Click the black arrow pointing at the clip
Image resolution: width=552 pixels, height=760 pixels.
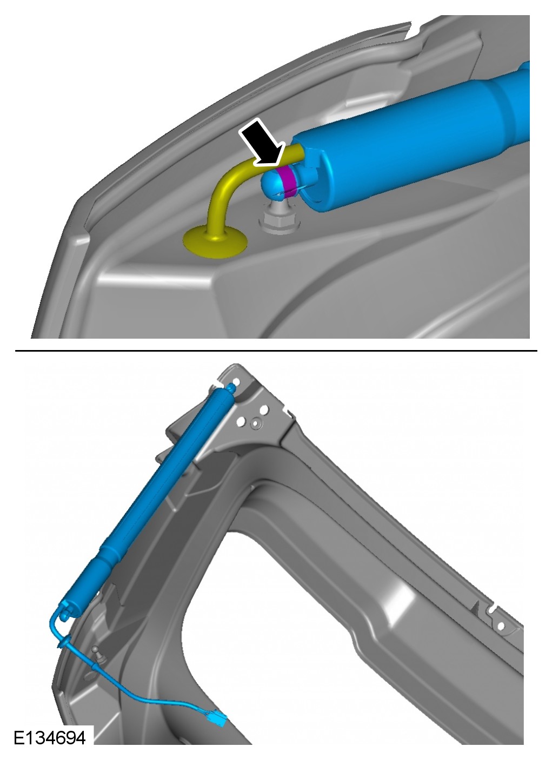click(262, 143)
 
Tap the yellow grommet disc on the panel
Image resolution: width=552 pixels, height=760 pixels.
click(215, 242)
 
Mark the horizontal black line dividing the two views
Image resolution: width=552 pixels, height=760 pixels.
click(276, 351)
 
